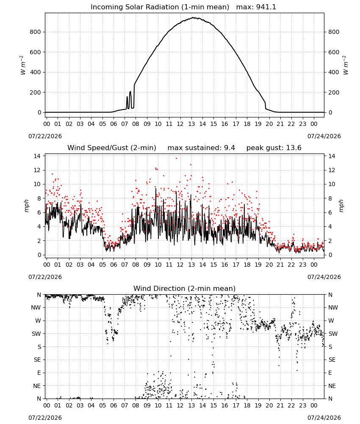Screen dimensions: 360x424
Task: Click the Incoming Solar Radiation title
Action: (x=160, y=7)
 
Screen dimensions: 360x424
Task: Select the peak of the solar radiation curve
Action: (x=194, y=17)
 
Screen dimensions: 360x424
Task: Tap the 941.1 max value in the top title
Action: (x=266, y=7)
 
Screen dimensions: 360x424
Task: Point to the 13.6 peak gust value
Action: (x=294, y=148)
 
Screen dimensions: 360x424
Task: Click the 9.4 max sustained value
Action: (x=230, y=148)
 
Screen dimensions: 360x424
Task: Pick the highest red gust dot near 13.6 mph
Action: (x=176, y=158)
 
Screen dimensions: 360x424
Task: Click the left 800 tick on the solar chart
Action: (x=35, y=32)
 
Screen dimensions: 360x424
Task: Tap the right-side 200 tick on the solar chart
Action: (x=334, y=92)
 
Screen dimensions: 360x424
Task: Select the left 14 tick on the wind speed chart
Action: (x=37, y=156)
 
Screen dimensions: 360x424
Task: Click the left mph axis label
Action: (x=26, y=206)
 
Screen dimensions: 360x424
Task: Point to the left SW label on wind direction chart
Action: (x=36, y=334)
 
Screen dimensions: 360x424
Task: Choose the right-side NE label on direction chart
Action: (x=332, y=386)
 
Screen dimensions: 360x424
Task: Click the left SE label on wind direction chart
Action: (x=37, y=360)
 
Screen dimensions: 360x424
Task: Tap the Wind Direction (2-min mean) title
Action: (x=185, y=288)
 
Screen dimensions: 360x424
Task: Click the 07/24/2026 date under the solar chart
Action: (x=324, y=136)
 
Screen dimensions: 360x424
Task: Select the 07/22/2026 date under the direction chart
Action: (x=45, y=418)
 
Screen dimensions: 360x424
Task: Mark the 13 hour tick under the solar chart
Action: (x=191, y=124)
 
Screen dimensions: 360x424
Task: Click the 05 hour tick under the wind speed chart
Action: (x=102, y=265)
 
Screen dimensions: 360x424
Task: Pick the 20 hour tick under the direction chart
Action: (x=269, y=405)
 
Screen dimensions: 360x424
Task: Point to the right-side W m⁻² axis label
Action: (x=346, y=65)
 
